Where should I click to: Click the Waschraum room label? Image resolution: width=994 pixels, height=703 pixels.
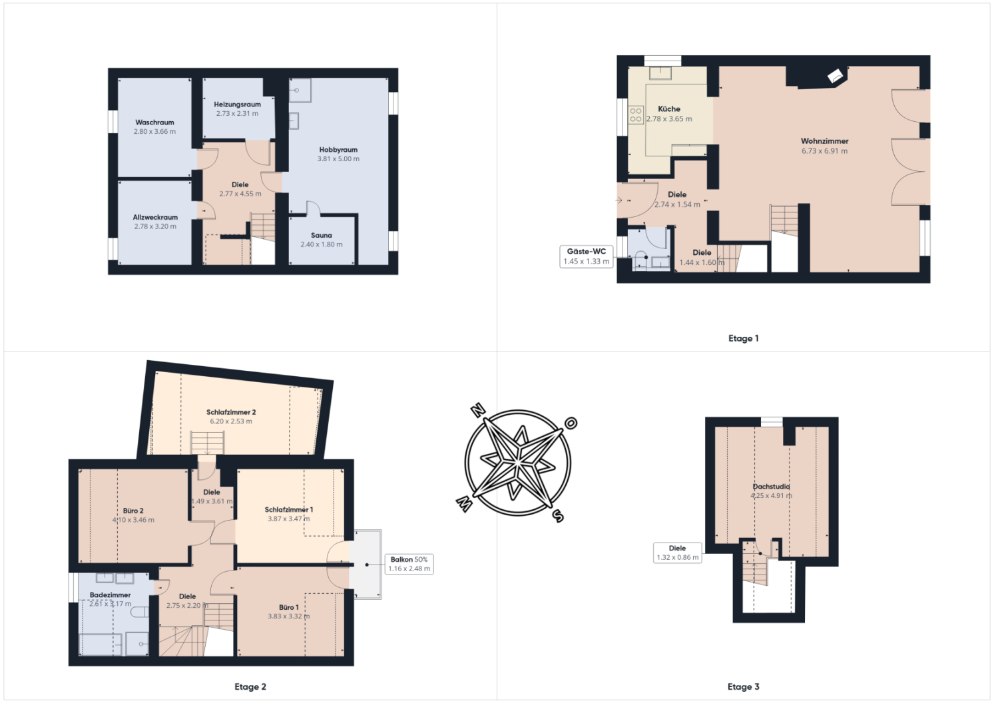tap(155, 122)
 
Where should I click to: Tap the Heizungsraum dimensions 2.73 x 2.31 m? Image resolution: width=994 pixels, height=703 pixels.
tap(238, 114)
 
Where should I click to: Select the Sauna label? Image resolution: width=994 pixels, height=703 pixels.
tap(322, 236)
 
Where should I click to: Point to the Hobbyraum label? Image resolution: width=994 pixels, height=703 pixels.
tap(338, 150)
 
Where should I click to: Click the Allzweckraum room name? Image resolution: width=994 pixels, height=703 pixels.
tap(155, 218)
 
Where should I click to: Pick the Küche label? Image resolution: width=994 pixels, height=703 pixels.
tap(669, 109)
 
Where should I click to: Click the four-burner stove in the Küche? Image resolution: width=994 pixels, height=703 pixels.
tap(636, 115)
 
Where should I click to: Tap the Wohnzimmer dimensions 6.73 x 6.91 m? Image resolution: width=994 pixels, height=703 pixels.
tap(824, 151)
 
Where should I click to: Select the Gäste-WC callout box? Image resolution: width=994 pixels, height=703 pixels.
tap(586, 256)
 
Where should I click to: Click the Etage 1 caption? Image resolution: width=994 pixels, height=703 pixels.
tap(743, 339)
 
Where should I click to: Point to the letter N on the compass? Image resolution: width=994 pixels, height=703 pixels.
tap(478, 411)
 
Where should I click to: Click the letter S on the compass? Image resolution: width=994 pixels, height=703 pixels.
tap(558, 516)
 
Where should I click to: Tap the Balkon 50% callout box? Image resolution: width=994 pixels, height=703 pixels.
tap(409, 564)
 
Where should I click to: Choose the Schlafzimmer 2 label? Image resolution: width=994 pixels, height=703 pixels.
tap(231, 412)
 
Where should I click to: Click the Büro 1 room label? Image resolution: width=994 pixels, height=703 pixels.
tap(289, 607)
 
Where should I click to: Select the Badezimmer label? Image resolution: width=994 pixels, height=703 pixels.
tap(111, 595)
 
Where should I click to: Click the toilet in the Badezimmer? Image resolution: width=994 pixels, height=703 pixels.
tap(139, 612)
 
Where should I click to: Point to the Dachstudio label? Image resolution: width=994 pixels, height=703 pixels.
tap(771, 487)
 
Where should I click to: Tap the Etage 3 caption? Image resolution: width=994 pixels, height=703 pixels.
tap(743, 687)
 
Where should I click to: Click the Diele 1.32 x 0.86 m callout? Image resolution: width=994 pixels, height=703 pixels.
tap(678, 553)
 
